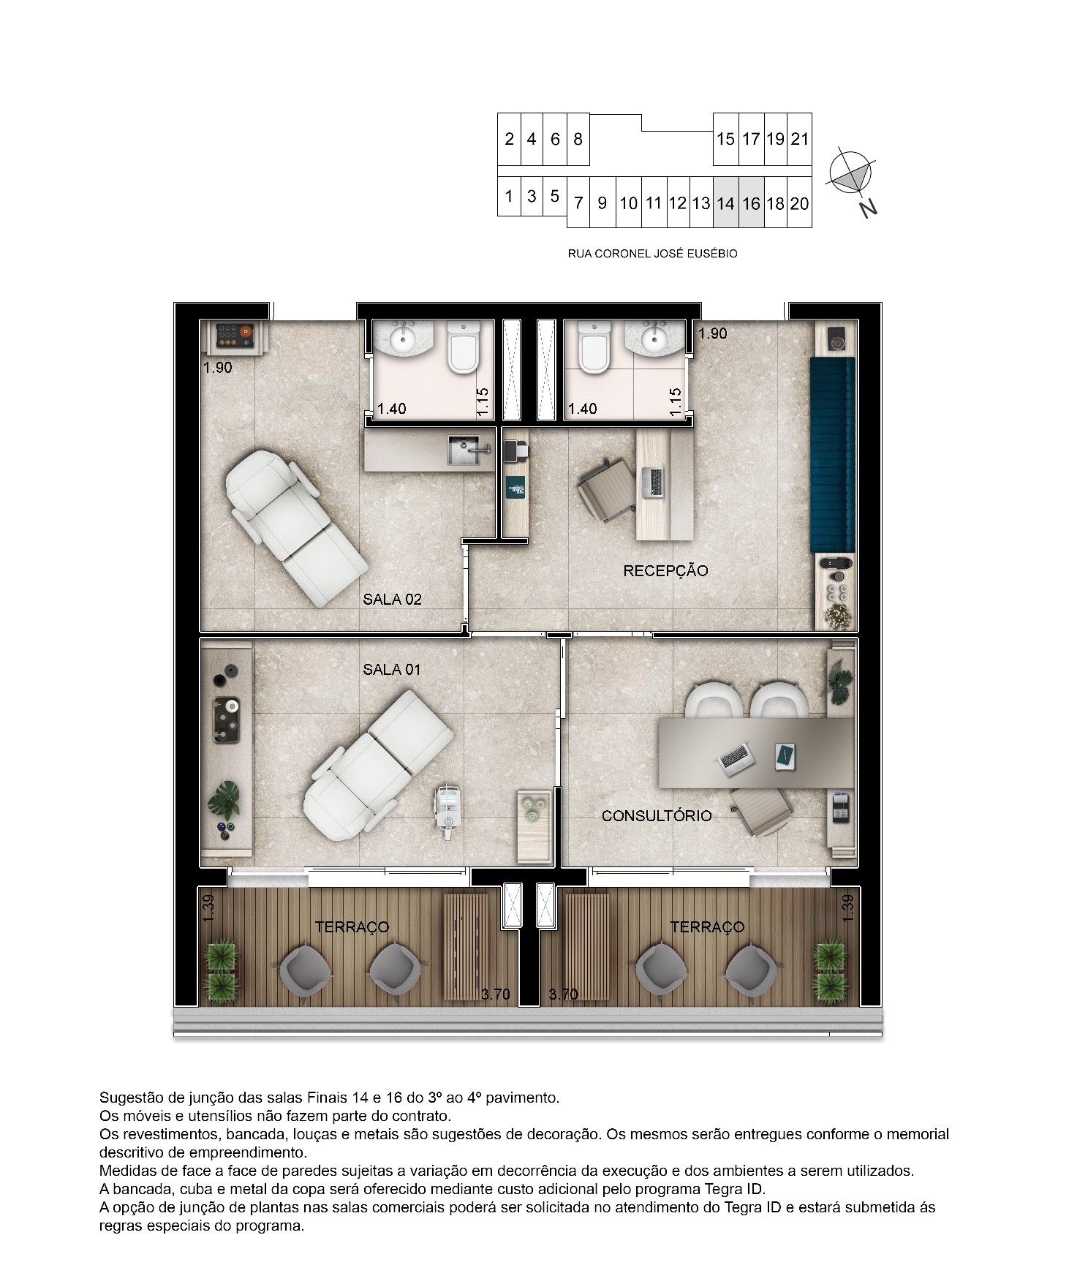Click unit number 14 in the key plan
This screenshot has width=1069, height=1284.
(x=725, y=203)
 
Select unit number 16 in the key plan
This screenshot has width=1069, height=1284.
(x=751, y=203)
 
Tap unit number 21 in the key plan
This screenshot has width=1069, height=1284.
(x=800, y=138)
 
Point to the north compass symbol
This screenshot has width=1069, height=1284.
(x=852, y=176)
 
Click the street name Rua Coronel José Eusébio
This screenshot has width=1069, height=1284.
(x=653, y=254)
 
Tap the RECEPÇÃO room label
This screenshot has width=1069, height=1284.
(x=665, y=570)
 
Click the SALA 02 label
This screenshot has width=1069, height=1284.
(x=392, y=600)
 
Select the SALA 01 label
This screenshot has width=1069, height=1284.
(x=392, y=669)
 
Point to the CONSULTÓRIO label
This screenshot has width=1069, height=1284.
(x=657, y=815)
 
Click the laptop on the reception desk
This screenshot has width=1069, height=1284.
(x=653, y=482)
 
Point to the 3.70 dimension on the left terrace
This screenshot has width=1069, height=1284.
(x=496, y=994)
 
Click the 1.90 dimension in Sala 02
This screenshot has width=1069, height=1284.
(x=218, y=368)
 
